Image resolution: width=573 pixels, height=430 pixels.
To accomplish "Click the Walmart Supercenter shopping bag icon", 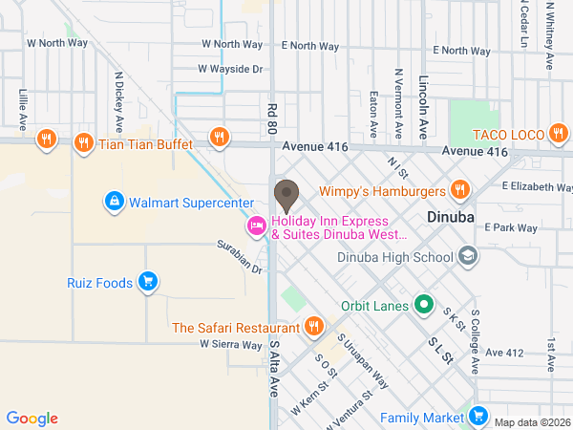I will (x=114, y=202).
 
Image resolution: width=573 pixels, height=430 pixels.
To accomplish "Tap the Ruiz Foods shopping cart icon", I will (x=147, y=281).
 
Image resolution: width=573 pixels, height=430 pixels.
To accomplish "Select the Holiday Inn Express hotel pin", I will (x=255, y=226).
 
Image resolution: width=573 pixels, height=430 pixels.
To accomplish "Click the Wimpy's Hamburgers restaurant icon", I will (x=459, y=189).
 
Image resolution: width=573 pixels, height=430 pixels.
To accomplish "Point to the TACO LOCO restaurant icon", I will (x=558, y=135).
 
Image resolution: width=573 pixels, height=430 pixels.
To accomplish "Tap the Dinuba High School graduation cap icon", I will (x=468, y=256).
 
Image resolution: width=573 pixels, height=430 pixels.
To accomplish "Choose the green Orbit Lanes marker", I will (x=422, y=307).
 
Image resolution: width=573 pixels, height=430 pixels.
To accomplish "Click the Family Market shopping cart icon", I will (x=477, y=417).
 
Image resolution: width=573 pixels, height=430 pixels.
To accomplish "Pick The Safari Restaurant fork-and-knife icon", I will (x=313, y=328).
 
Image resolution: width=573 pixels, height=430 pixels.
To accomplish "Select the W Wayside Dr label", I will (x=230, y=69).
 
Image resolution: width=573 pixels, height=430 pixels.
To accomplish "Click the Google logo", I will (x=32, y=419).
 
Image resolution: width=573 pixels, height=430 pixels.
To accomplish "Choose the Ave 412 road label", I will (x=505, y=353).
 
